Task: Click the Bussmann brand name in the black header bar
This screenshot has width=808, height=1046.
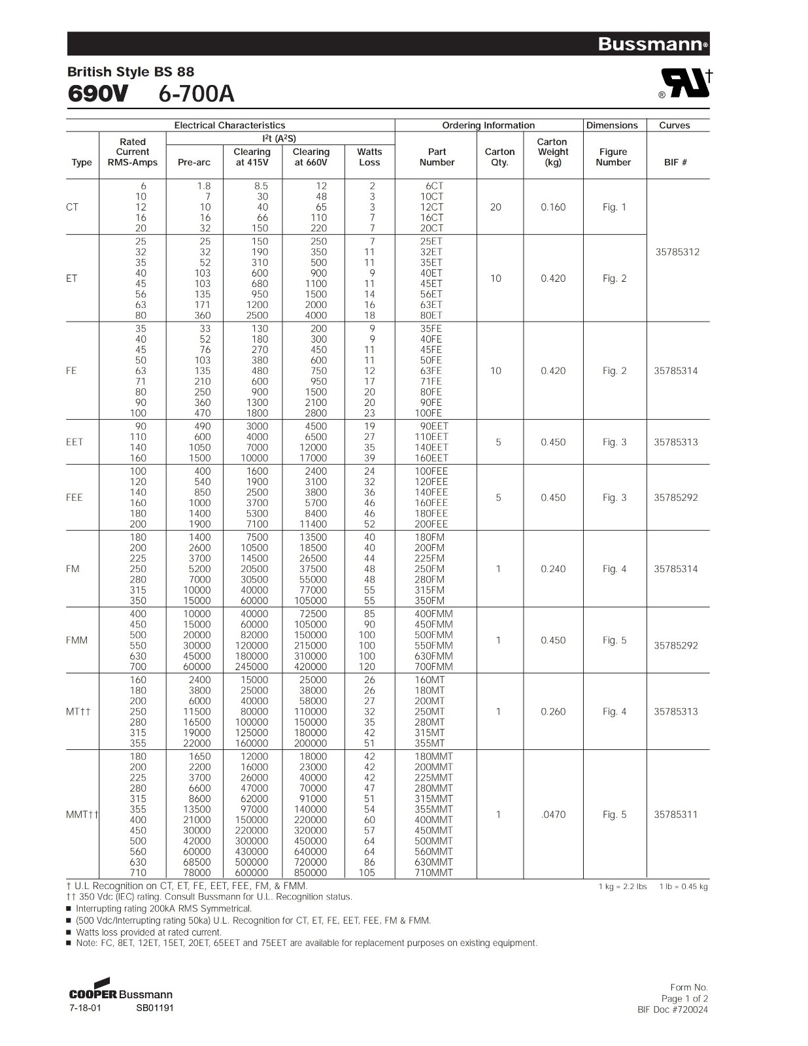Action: (x=651, y=44)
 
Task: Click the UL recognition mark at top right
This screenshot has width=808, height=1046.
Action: (x=685, y=83)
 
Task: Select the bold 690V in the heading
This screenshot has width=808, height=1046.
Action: (x=98, y=94)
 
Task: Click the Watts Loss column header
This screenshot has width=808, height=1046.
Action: (x=369, y=157)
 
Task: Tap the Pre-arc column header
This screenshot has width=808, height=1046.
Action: (x=194, y=162)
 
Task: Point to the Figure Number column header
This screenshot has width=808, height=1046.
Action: (x=613, y=157)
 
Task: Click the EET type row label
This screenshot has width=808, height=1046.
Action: (x=75, y=442)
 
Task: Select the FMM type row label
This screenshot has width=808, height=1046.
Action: (x=76, y=640)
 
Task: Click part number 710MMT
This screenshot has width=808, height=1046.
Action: (x=433, y=873)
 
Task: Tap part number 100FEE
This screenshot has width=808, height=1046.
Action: (x=431, y=471)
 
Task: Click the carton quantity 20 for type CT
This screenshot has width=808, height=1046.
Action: (x=496, y=207)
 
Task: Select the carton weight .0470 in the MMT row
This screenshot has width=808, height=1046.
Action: (x=553, y=815)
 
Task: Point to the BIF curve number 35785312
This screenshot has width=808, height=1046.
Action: (x=677, y=252)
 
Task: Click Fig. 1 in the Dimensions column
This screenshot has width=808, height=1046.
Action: (x=614, y=207)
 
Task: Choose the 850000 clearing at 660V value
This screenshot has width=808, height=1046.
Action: (x=311, y=873)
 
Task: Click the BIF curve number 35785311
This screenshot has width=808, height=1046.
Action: (x=676, y=815)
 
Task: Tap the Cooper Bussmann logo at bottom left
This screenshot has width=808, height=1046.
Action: (x=120, y=990)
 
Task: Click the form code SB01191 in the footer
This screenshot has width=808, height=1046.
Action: (x=155, y=1007)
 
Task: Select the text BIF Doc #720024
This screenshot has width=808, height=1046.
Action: (x=672, y=1009)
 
